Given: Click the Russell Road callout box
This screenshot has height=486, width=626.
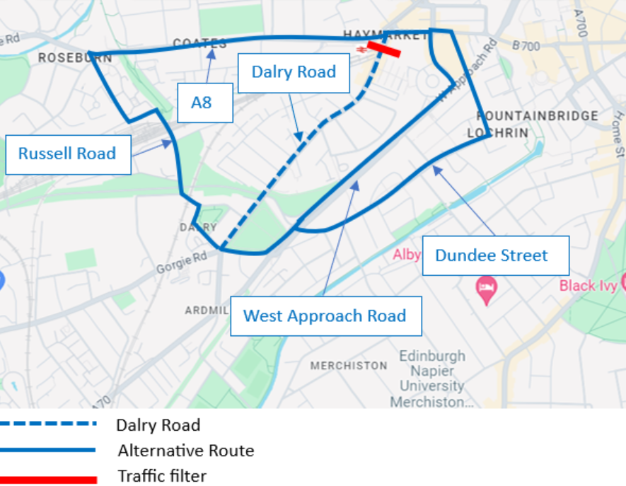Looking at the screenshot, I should pos(68,154).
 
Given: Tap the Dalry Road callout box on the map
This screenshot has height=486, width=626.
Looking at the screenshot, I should pos(294,73).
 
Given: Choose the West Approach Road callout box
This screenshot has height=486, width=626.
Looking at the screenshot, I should pos(325,316).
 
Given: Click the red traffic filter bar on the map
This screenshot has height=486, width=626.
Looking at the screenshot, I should pos(384,48).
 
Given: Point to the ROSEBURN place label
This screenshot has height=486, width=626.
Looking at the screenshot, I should pos(75,58).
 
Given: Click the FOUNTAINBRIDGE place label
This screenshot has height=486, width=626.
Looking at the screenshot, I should pos(538,116).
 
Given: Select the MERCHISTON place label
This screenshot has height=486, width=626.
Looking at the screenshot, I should pos(349,366).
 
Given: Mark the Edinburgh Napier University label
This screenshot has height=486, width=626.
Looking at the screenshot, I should pos(432,378).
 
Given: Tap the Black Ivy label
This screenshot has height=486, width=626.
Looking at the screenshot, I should pos(587,286).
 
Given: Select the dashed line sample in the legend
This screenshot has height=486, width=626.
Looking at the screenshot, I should pos(48,424).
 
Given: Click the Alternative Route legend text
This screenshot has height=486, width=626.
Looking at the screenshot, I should pos(186,451).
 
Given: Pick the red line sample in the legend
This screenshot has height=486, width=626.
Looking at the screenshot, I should pos(48,479).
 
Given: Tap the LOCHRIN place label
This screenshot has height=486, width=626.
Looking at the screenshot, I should pos(497,133).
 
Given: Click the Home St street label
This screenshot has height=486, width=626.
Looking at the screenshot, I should pos(618,135).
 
